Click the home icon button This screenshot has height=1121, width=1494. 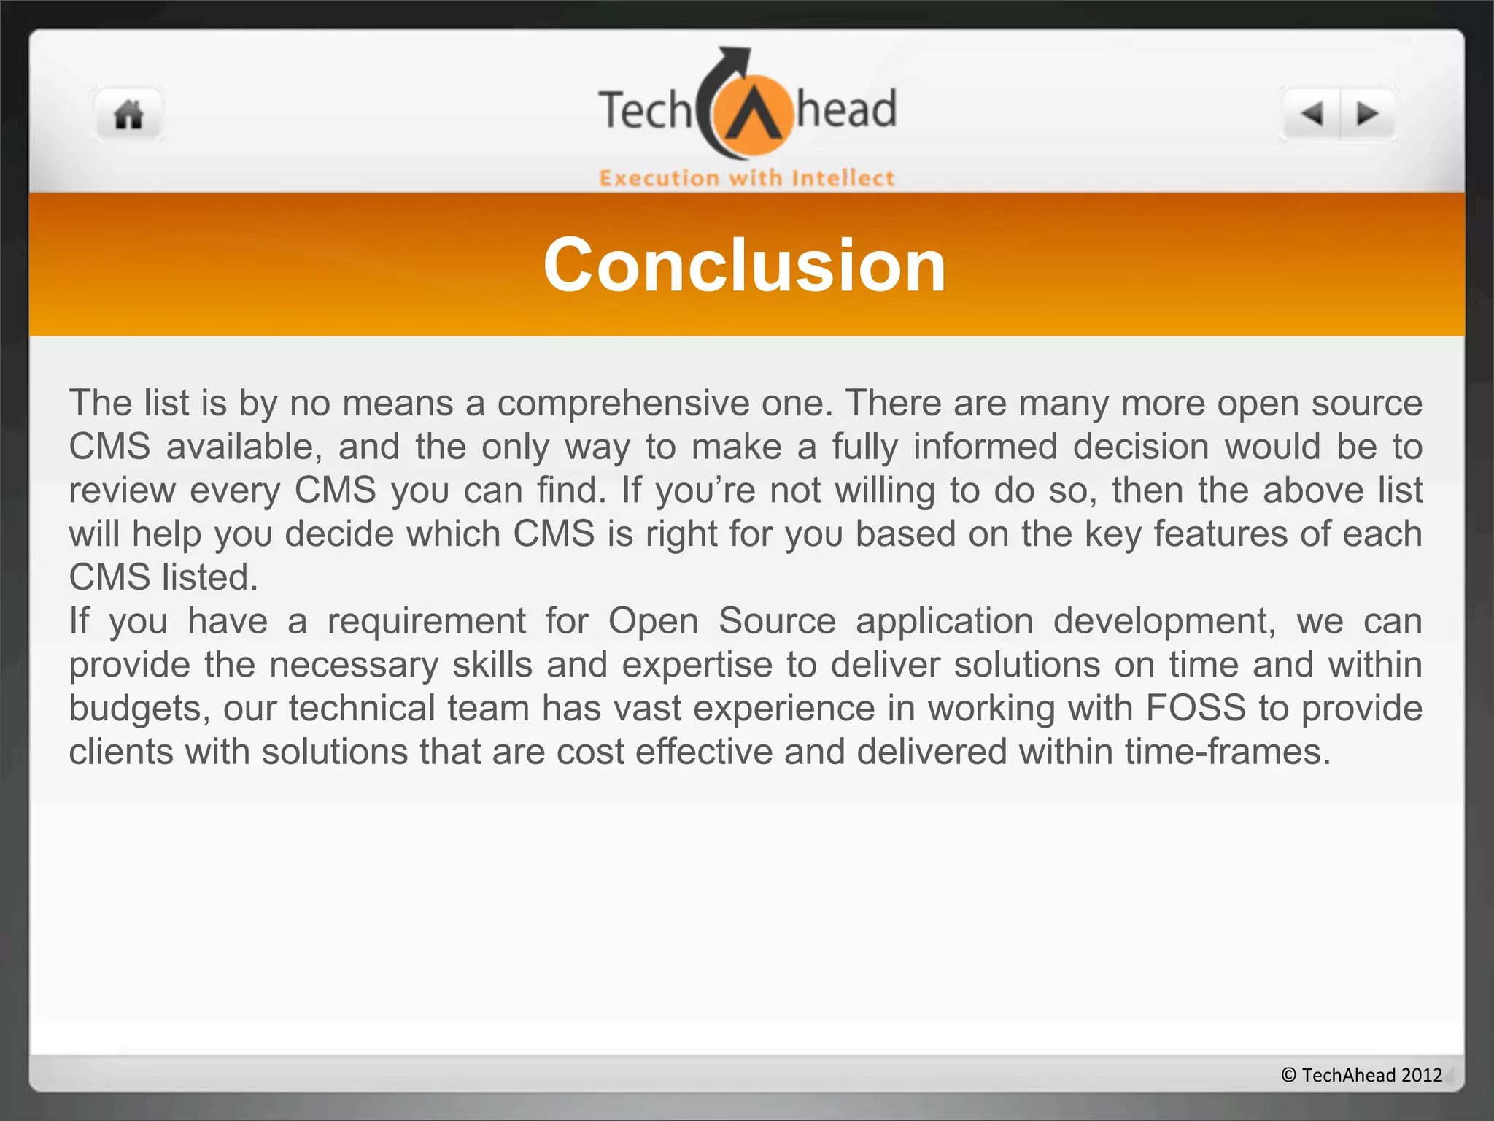point(128,115)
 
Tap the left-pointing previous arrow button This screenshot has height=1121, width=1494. point(1312,114)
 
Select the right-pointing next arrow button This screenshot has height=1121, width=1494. point(1367,114)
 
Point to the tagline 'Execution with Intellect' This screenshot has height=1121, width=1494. point(746,178)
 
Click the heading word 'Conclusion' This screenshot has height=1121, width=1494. point(745,266)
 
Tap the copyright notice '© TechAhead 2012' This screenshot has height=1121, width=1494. point(1361,1075)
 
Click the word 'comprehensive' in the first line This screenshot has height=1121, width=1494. point(623,404)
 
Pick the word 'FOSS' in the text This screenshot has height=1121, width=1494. point(1196,709)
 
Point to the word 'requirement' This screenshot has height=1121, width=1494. point(426,622)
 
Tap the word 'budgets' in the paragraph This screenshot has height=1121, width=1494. point(136,709)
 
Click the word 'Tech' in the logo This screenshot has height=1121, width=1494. point(644,111)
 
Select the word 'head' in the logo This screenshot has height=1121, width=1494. point(846,109)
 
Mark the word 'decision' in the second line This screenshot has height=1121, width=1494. point(1141,447)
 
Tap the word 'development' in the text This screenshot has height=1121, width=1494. point(1164,622)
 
